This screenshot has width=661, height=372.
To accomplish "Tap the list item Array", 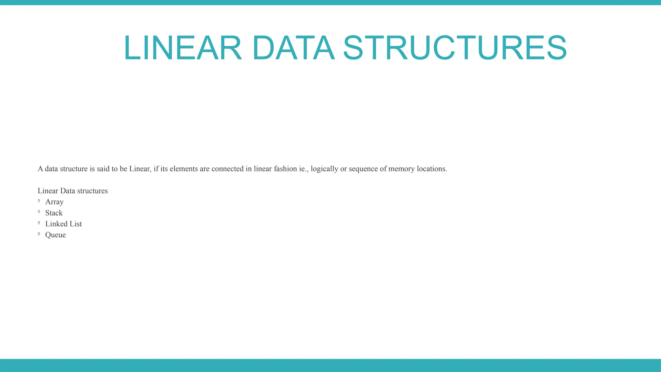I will click(x=54, y=202).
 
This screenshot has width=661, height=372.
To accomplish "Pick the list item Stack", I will click(x=54, y=213).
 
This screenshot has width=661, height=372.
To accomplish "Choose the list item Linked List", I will click(x=64, y=224).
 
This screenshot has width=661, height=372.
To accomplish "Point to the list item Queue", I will click(x=56, y=235).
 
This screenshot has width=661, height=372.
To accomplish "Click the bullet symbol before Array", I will click(x=39, y=201).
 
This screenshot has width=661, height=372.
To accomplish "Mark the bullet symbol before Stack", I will click(x=39, y=212).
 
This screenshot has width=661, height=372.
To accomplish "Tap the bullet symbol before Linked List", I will click(x=39, y=223).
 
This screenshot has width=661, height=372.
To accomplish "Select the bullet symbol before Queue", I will click(x=39, y=234).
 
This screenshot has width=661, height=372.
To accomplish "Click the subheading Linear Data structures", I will click(x=73, y=191).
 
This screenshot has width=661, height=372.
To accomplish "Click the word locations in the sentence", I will click(x=432, y=169).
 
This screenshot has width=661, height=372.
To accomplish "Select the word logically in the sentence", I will click(x=324, y=169).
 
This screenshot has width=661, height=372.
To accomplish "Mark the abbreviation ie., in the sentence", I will click(x=304, y=169).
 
